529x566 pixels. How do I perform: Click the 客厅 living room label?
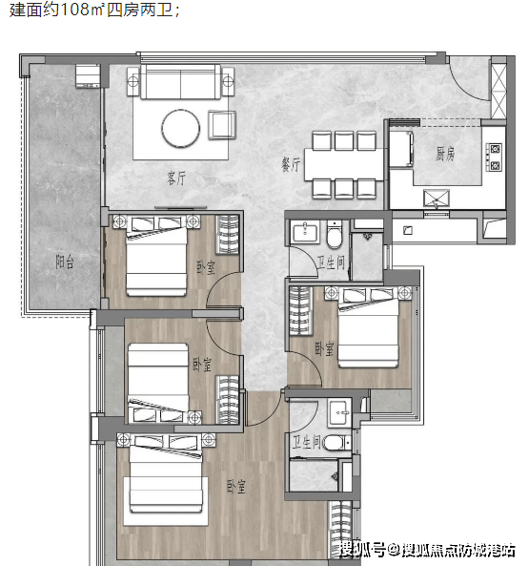[176, 178]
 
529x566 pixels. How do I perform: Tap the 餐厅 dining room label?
[291, 164]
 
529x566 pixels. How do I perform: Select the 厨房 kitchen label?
[445, 154]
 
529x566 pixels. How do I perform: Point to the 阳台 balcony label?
[65, 262]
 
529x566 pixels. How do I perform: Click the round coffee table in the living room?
[180, 128]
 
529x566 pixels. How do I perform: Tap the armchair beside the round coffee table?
[222, 125]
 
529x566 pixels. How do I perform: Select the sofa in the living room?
[180, 81]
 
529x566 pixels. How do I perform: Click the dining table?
[344, 164]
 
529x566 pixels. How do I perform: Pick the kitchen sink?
[437, 199]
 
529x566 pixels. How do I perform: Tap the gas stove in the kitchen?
[494, 157]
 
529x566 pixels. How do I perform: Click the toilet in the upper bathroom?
[335, 236]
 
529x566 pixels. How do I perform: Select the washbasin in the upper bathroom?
[305, 231]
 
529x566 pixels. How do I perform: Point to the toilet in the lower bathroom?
[336, 443]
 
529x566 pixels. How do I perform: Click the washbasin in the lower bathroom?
[338, 412]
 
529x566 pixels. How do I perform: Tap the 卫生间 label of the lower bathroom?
[306, 442]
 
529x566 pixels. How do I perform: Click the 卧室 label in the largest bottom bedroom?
[236, 487]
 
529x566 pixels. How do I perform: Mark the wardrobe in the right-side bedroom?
[300, 311]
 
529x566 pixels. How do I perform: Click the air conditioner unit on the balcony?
[88, 75]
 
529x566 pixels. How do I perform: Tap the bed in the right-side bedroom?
[368, 326]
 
